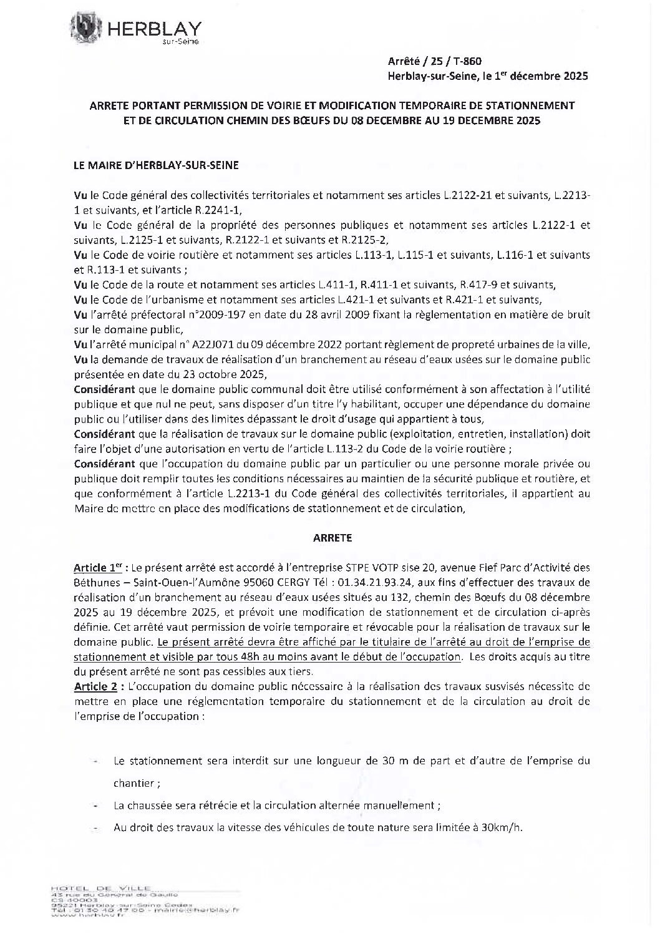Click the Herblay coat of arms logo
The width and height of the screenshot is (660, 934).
84,29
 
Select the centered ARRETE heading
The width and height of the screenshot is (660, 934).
332,537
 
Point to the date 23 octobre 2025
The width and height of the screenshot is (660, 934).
223,374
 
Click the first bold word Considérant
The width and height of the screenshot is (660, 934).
104,389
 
